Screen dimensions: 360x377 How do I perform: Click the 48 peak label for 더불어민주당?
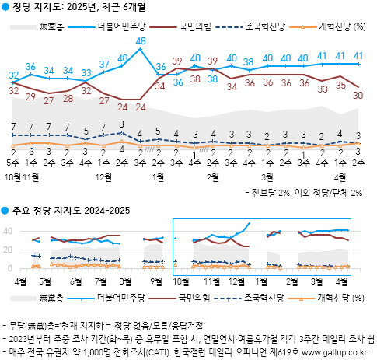pyautogui.click(x=141, y=40)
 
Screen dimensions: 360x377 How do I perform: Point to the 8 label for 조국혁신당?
pyautogui.click(x=122, y=124)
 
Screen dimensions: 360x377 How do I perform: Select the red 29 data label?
pyautogui.click(x=31, y=97)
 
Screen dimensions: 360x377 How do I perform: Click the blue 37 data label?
pyautogui.click(x=104, y=64)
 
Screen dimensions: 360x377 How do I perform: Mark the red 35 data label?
pyautogui.click(x=340, y=85)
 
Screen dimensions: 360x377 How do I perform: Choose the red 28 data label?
pyautogui.click(x=68, y=97)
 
